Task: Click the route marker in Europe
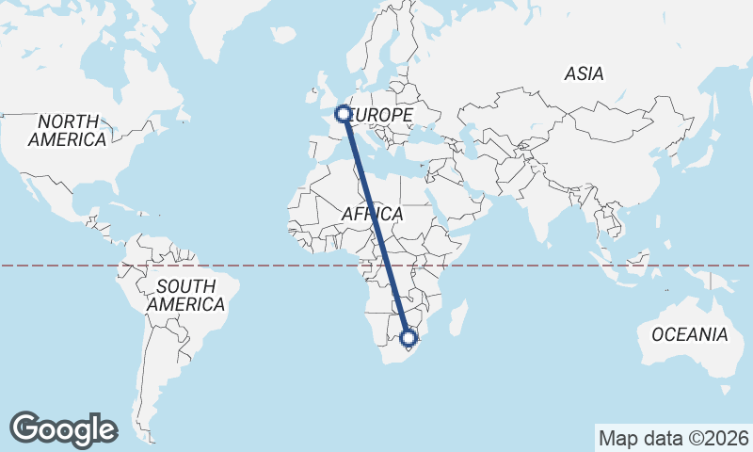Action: pos(343,115)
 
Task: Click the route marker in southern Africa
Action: pos(409,337)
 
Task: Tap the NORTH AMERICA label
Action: pos(67,131)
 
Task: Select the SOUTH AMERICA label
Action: pos(185,295)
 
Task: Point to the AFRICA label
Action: pos(372,215)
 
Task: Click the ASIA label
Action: pos(584,73)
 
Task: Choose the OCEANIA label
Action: pos(690,334)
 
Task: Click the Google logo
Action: pos(63,429)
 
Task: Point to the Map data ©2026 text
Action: pos(674,438)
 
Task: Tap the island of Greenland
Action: pos(235,28)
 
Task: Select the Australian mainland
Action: pos(682,330)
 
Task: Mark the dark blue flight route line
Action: pos(376,226)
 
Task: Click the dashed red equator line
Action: pos(235,266)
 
